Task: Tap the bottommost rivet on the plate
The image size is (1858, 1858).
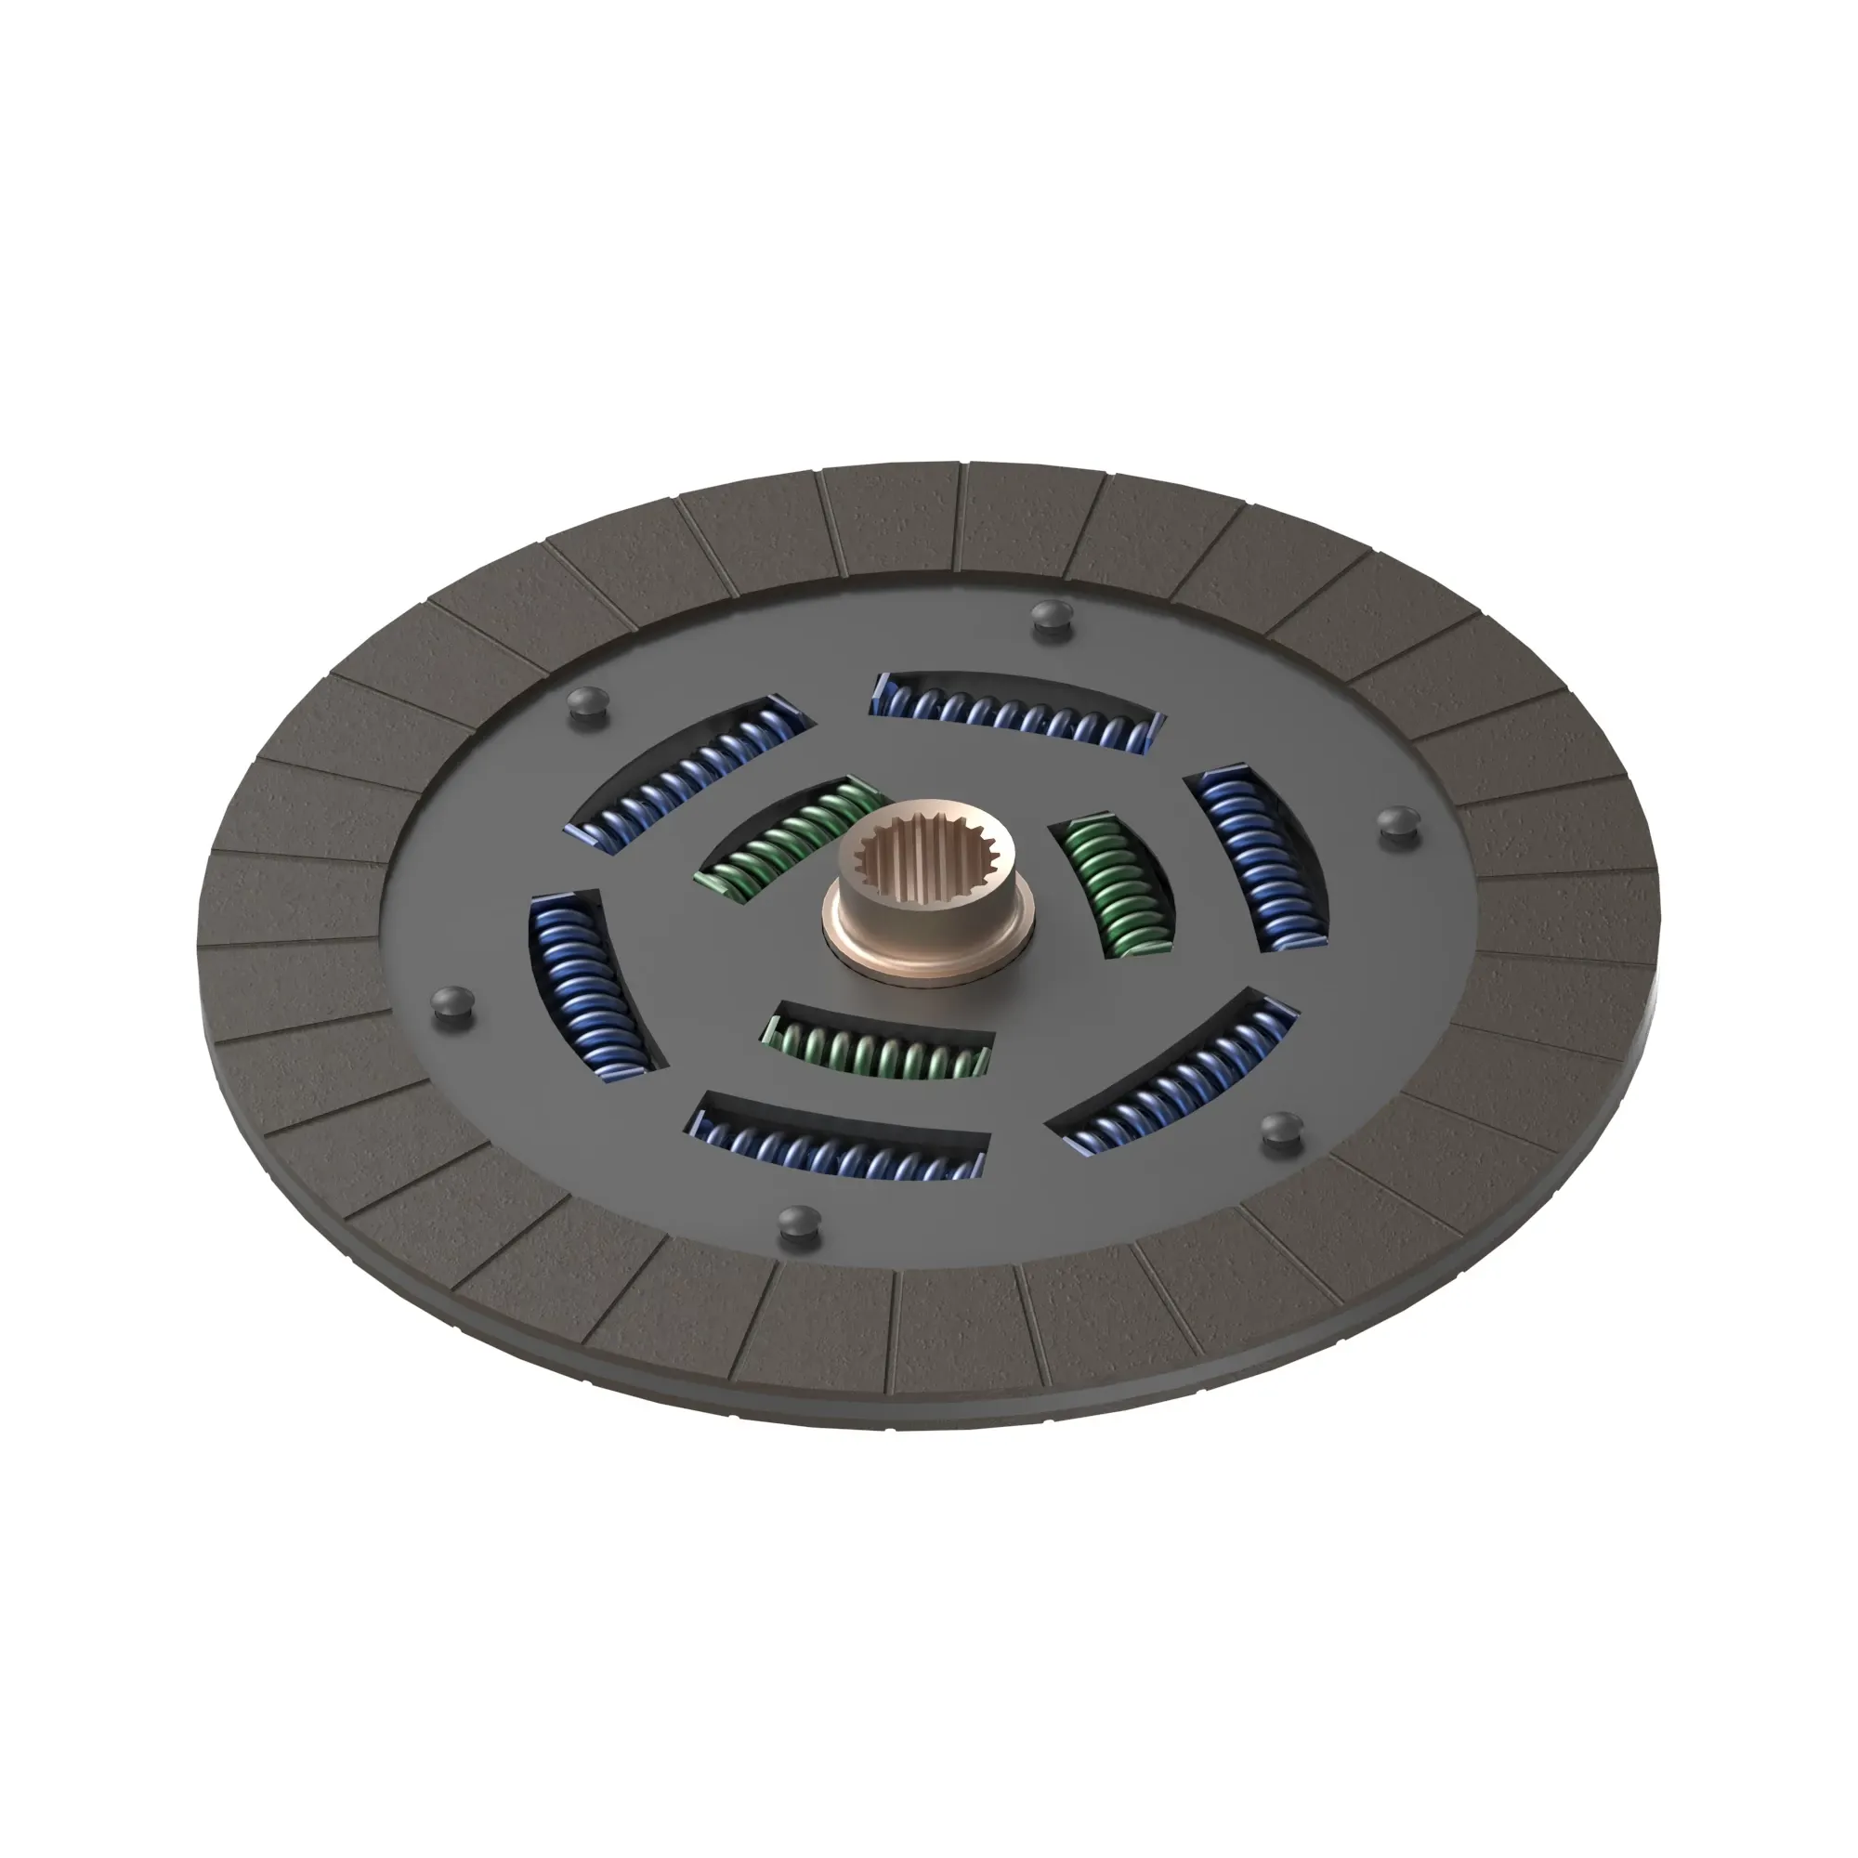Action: click(x=797, y=1222)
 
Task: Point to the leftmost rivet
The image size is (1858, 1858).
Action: click(x=453, y=1001)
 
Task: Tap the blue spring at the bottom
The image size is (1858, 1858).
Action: click(x=838, y=1145)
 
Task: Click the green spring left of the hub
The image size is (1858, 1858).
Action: click(x=789, y=838)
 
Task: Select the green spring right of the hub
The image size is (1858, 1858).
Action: click(x=1116, y=884)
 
